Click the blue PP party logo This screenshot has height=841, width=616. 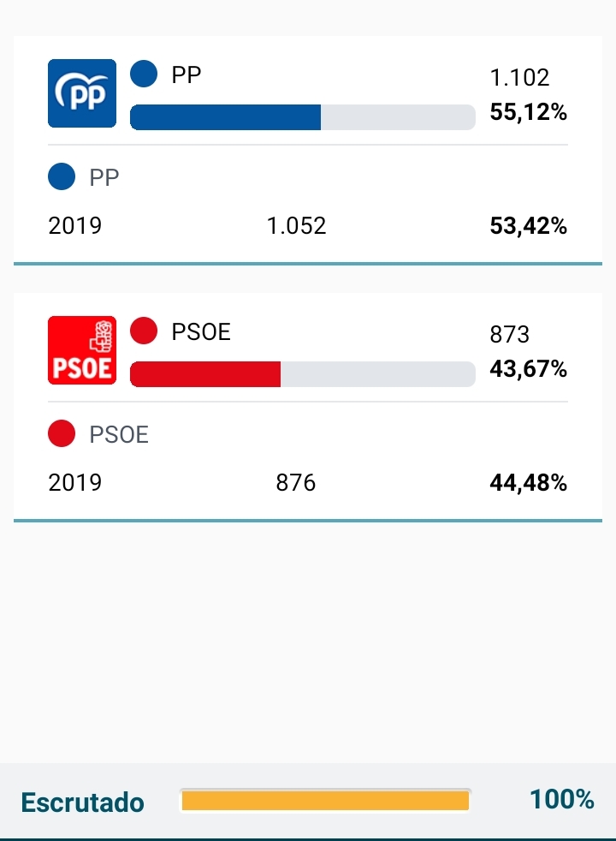click(x=82, y=93)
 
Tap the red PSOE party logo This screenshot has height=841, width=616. click(x=82, y=350)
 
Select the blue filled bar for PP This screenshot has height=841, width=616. click(x=225, y=117)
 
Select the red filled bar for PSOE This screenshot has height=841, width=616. click(x=205, y=374)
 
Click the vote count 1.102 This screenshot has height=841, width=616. click(x=519, y=78)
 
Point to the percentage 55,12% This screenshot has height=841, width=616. click(x=529, y=112)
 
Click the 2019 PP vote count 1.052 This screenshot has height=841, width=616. click(x=296, y=226)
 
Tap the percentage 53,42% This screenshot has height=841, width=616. click(x=529, y=226)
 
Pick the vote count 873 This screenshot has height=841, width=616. click(x=510, y=335)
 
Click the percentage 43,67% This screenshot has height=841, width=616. click(x=529, y=369)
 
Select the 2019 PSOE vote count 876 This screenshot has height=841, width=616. click(x=296, y=483)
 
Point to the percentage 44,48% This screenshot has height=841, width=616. click(x=529, y=483)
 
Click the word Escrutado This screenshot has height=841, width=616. click(x=82, y=802)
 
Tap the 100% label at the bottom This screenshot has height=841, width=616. click(x=562, y=799)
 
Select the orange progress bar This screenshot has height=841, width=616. click(x=325, y=801)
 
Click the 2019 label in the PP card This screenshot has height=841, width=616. click(x=75, y=226)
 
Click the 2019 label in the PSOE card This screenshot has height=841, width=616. click(x=75, y=483)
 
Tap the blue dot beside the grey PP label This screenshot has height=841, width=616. click(x=62, y=177)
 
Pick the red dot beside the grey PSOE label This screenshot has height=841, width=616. click(x=62, y=434)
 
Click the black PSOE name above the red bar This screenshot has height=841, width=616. click(x=201, y=331)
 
